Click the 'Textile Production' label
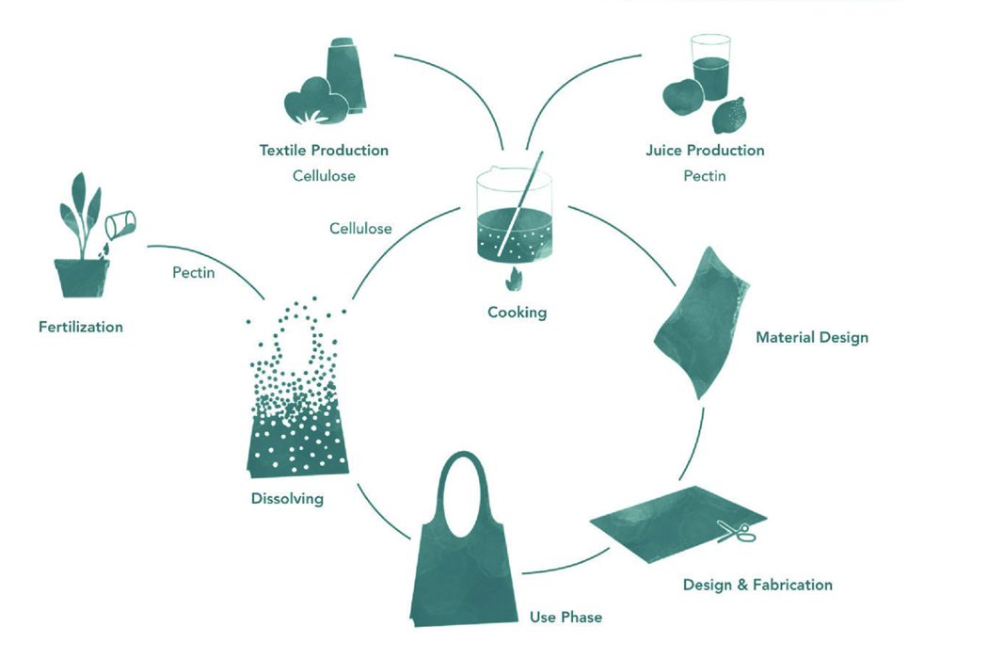click(x=324, y=150)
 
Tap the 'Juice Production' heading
click(x=705, y=150)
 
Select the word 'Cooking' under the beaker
click(x=517, y=313)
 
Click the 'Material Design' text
click(x=812, y=337)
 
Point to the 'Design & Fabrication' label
click(x=757, y=585)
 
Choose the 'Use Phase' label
click(x=566, y=617)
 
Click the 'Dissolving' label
click(x=287, y=498)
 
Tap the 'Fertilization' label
click(x=81, y=327)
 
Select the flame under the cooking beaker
click(x=515, y=279)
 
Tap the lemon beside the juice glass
click(x=729, y=117)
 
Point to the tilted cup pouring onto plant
click(x=121, y=224)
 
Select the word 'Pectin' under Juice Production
click(x=705, y=176)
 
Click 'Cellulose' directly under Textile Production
click(x=324, y=176)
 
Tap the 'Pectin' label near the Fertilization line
click(x=194, y=272)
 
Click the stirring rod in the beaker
click(x=520, y=207)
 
